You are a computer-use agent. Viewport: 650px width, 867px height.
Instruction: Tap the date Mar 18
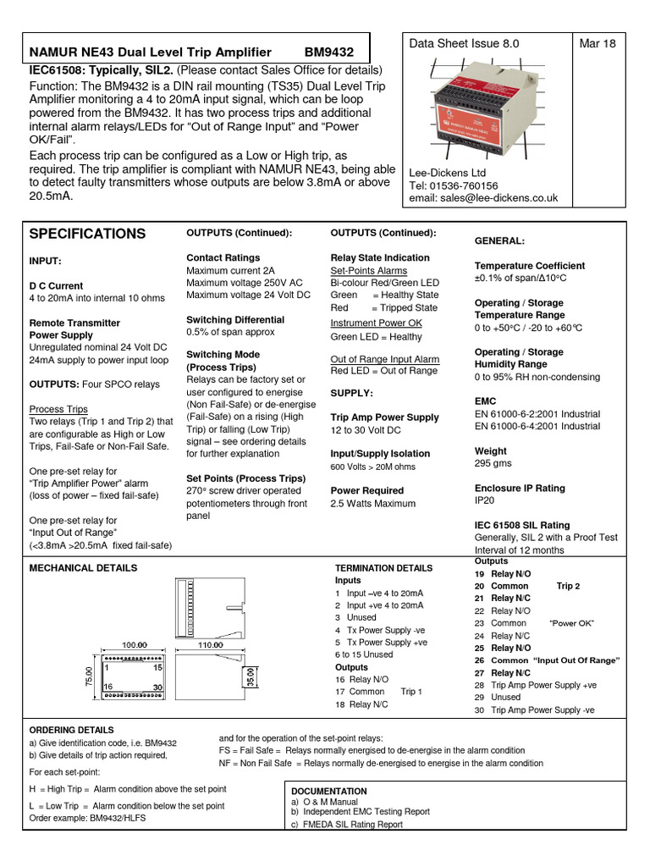[x=598, y=44]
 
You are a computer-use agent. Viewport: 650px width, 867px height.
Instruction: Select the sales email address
[x=483, y=198]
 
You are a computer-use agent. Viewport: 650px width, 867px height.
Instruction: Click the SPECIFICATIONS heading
[x=87, y=234]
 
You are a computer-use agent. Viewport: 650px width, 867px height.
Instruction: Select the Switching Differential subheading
[x=235, y=319]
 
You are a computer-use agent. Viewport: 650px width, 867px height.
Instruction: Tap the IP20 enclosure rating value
[x=487, y=501]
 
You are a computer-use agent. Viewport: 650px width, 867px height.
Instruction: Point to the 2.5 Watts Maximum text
[x=373, y=504]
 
